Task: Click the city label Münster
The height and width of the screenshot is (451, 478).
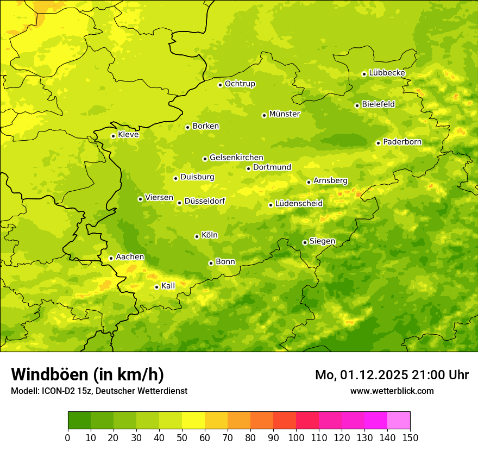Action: [285, 114]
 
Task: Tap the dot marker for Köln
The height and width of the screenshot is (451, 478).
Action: [197, 236]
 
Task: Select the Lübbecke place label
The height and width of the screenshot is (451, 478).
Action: [387, 73]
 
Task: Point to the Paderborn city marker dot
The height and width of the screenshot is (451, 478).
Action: [378, 143]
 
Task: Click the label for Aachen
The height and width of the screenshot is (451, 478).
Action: [130, 257]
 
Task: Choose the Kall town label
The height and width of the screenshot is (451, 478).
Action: [168, 286]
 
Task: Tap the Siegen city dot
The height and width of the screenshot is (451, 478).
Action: [305, 242]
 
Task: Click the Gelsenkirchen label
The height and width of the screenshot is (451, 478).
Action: [236, 158]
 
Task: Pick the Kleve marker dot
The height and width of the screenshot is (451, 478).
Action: [113, 136]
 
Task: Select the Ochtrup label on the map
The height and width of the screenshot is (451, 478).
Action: [240, 84]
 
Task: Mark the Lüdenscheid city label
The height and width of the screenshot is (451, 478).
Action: [299, 204]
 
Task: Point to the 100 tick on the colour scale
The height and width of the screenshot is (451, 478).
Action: [296, 437]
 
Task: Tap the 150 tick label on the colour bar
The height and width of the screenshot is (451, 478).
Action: [410, 437]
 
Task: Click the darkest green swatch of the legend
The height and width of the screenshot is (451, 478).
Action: [79, 421]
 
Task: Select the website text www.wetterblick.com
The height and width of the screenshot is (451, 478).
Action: [392, 391]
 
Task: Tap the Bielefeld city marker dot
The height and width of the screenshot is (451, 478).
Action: [357, 105]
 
